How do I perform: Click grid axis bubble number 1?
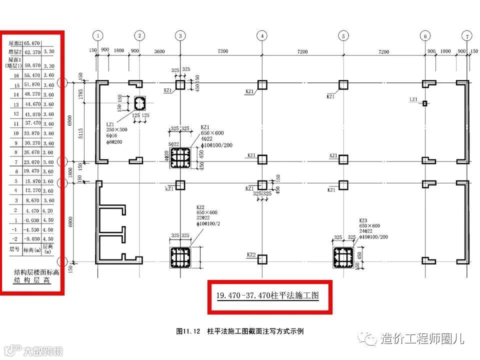coord(98,36)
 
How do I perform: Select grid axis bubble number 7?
coord(467,36)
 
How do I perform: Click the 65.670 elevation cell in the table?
coord(32,43)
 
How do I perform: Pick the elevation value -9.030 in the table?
coord(31,238)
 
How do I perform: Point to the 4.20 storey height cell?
coord(48,210)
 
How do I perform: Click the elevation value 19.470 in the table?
coord(31,171)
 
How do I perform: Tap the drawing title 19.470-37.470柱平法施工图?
coord(267,295)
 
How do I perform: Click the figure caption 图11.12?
coord(188,331)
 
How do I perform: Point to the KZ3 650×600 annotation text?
coord(369,226)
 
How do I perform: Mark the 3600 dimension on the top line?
coord(159,51)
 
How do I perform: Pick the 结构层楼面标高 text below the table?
coord(34,273)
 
